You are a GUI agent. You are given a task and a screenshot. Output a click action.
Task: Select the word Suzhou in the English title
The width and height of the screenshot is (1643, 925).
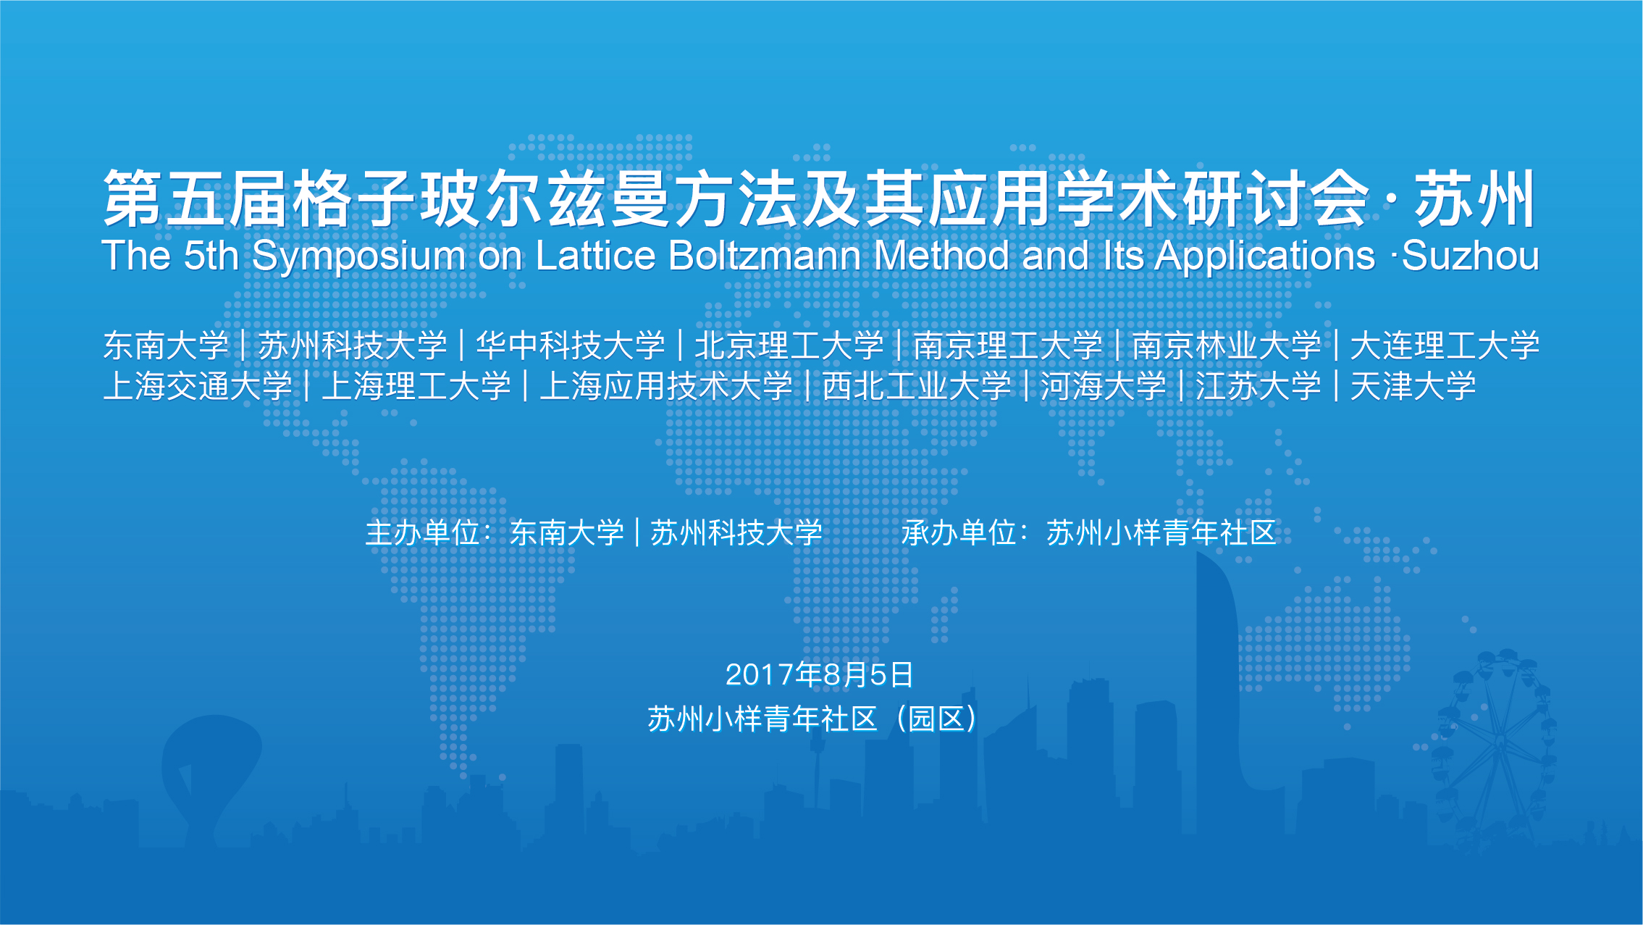1471,256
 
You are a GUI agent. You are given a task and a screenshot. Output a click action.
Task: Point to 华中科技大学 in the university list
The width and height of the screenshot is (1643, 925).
571,346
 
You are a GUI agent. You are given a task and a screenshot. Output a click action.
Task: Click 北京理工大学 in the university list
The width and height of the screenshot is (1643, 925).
789,346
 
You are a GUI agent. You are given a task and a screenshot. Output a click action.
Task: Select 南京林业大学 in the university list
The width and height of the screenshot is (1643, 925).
1227,346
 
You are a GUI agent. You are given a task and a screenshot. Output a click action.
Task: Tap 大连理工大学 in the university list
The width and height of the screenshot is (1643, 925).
1445,346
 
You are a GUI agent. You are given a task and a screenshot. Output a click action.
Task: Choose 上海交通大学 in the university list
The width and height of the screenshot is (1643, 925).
198,386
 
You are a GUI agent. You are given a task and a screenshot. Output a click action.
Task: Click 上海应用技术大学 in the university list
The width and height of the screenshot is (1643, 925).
666,386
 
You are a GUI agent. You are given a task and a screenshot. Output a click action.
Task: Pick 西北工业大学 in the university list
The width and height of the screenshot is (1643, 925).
917,386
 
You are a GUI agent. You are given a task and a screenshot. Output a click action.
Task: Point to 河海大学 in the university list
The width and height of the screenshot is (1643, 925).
1104,386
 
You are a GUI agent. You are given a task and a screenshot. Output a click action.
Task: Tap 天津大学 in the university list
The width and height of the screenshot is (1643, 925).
1413,386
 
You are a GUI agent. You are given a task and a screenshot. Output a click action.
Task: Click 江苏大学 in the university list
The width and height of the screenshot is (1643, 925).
1258,386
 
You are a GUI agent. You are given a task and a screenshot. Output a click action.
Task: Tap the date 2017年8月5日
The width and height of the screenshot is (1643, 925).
820,674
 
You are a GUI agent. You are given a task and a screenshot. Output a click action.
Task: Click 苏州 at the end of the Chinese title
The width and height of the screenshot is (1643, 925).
1475,198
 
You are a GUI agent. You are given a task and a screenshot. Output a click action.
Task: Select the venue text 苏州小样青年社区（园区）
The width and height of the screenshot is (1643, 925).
813,719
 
